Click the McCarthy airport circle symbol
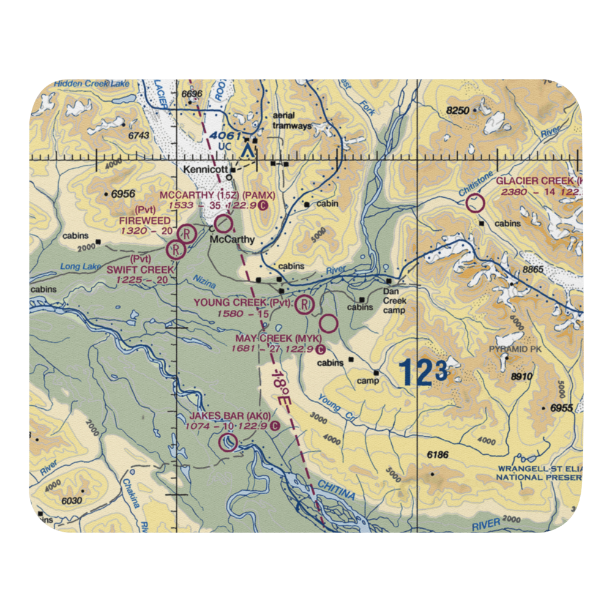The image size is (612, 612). click(x=224, y=223)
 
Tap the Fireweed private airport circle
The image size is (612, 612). click(x=187, y=233)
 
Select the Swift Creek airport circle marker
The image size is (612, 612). click(x=176, y=249)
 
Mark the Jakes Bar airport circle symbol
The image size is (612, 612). click(x=228, y=442)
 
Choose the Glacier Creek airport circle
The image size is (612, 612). click(x=476, y=203)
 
